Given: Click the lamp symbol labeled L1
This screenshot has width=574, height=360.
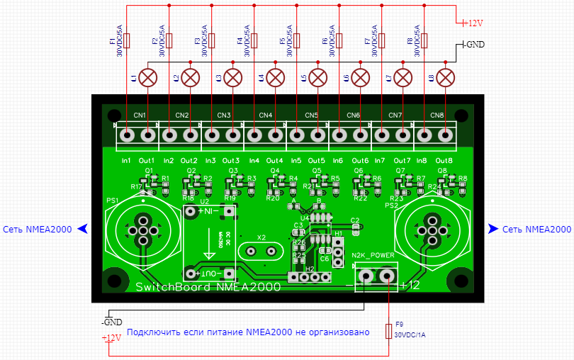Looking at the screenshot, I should coord(148,77).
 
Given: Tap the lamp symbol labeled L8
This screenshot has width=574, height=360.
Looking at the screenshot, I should coord(446,77).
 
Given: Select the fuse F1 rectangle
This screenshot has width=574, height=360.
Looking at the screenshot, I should coord(128,40).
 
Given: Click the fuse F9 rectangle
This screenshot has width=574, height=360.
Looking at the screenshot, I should coord(388,331).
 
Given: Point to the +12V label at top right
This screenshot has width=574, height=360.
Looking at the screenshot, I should coord(472,23).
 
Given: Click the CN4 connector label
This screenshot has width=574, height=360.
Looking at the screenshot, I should coord(266,115).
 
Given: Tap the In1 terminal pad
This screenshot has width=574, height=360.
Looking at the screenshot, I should coord(128,134).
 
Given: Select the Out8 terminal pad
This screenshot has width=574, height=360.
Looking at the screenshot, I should coord(446,134).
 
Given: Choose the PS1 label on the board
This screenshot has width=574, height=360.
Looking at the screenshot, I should coord(112,201).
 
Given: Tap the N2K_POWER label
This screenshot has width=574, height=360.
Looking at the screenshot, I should coord(373,255).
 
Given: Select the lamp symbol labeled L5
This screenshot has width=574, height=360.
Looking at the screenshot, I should coord(318,77).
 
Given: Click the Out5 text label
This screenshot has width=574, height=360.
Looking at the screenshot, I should coord(317,161).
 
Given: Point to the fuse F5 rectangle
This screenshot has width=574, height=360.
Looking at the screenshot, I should coord(298,40).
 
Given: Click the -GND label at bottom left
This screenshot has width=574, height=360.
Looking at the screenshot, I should coord(112,322).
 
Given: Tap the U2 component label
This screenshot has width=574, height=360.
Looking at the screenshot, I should coord(206,202).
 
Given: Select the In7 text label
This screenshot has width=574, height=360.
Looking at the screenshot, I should coord(380,161).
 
